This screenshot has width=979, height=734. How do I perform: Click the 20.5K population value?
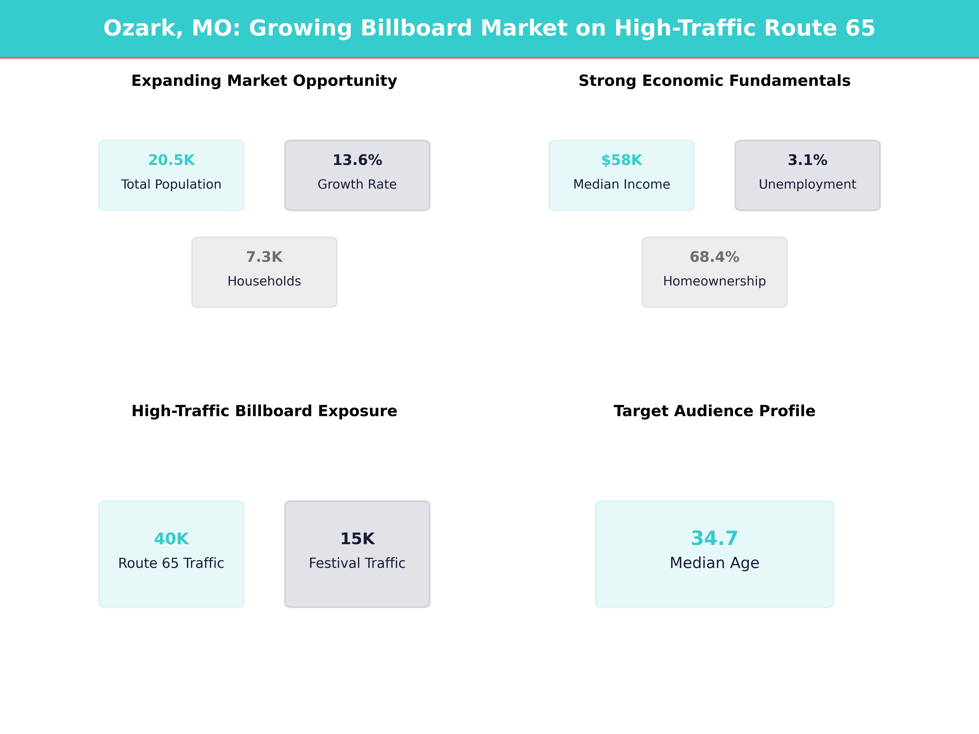[x=171, y=160]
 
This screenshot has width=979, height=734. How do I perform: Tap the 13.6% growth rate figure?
[x=357, y=160]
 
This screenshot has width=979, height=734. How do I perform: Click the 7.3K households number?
[x=264, y=257]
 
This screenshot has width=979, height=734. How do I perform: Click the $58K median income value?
[x=621, y=160]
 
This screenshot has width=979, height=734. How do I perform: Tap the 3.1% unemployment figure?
[x=807, y=160]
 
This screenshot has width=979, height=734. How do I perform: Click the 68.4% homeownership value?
[x=714, y=257]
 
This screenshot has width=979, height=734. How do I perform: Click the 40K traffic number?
[x=171, y=539]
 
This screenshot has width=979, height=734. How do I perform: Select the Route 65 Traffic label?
[x=171, y=563]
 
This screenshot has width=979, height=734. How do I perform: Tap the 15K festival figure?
[x=357, y=539]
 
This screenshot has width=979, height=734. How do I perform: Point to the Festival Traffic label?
[x=357, y=563]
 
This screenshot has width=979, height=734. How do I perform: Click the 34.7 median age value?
[x=714, y=538]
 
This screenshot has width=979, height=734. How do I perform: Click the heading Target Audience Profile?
[x=714, y=411]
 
